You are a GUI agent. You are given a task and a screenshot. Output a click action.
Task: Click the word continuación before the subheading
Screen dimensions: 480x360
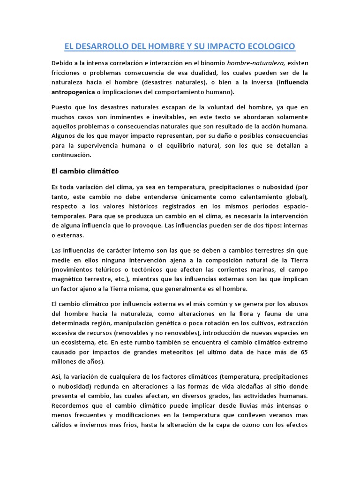point(72,155)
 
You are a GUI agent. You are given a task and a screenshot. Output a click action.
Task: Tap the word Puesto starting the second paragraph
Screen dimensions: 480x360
point(62,108)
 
